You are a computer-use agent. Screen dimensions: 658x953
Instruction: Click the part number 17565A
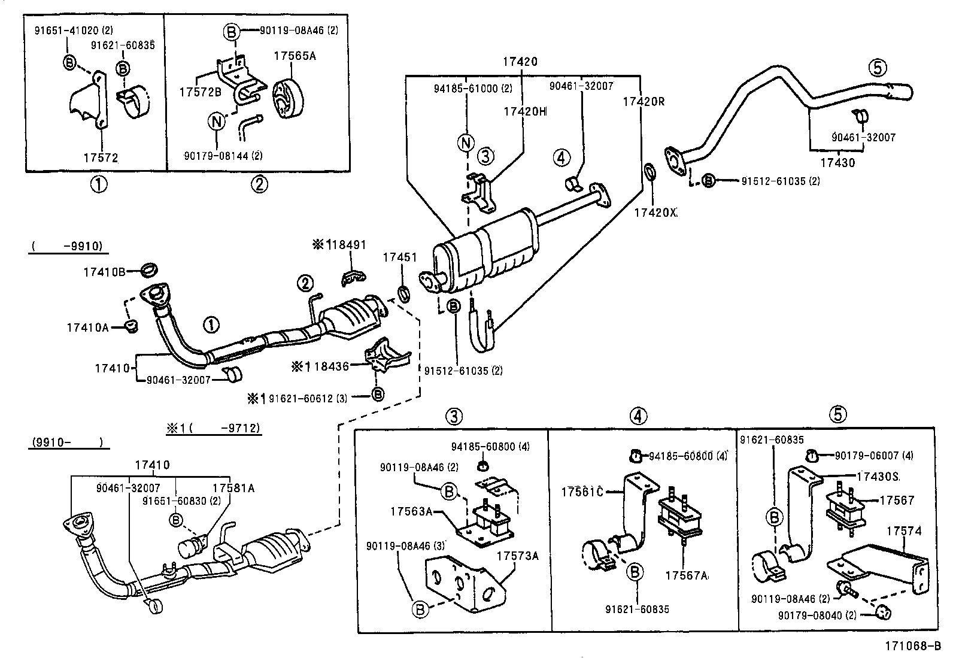tap(295, 56)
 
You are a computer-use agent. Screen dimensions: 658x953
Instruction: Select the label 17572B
tap(200, 91)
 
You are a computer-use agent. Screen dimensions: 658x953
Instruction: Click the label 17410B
tap(104, 272)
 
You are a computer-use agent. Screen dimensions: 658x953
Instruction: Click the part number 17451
tap(399, 257)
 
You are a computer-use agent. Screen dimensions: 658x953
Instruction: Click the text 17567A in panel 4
tap(686, 575)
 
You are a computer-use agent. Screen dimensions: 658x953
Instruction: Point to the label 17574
tap(904, 530)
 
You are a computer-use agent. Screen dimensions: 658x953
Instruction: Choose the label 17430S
tap(878, 476)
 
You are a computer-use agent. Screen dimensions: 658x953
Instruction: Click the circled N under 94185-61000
tap(466, 142)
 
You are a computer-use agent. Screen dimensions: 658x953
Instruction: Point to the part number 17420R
tap(643, 101)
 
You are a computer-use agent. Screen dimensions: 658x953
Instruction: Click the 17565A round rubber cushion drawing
tap(289, 98)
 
